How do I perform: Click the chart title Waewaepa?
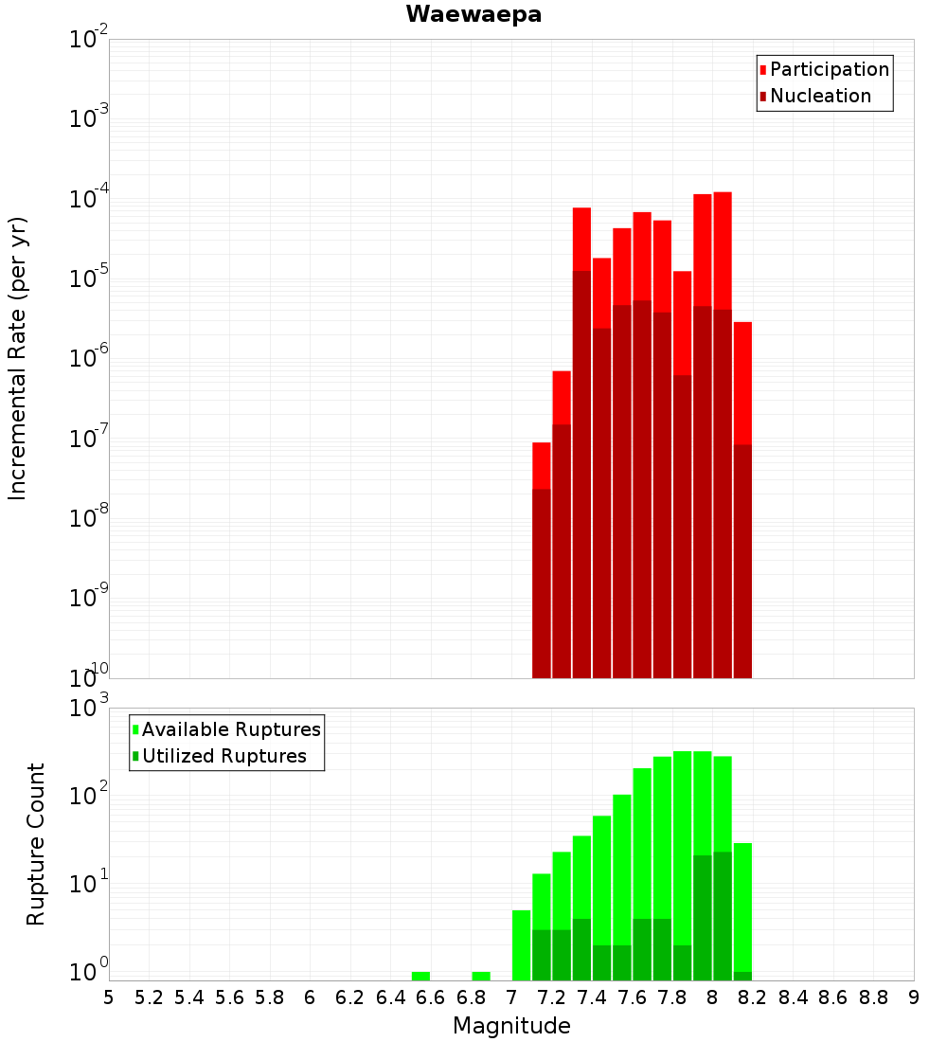(x=473, y=14)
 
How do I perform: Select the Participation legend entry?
(x=829, y=69)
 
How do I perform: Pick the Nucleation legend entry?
(x=819, y=96)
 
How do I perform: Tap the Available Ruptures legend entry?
(x=230, y=729)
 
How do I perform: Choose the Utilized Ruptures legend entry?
(x=223, y=756)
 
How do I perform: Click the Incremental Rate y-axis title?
(x=18, y=358)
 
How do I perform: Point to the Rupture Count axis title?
(x=36, y=843)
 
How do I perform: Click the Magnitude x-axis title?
(x=511, y=1026)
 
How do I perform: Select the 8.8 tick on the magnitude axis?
(x=873, y=997)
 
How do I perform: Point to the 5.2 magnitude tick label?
(x=149, y=997)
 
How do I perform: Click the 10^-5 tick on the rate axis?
(x=90, y=278)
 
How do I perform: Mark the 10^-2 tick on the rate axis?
(x=90, y=39)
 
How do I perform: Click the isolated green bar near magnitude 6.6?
(x=420, y=976)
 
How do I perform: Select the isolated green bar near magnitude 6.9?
(x=481, y=976)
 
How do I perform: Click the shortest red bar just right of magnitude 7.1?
(x=542, y=464)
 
